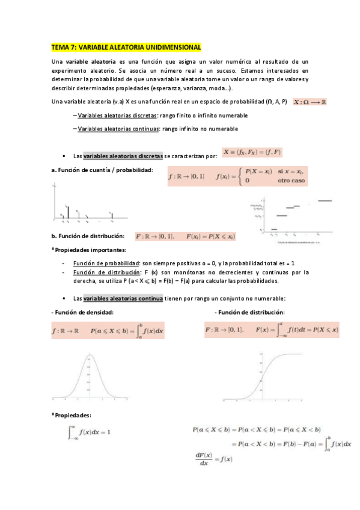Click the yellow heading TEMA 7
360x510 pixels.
(126, 47)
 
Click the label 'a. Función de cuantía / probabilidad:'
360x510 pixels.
(102, 170)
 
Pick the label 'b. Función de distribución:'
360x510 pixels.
(88, 236)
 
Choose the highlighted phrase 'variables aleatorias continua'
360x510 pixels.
(123, 298)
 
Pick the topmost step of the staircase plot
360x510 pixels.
(325, 201)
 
